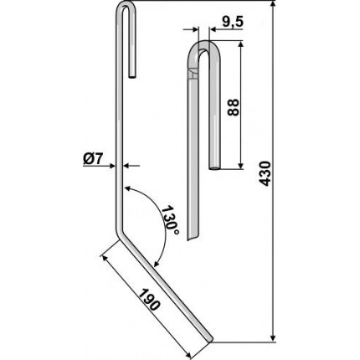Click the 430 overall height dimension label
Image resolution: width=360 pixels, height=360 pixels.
[265, 173]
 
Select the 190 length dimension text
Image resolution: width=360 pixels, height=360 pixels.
[150, 300]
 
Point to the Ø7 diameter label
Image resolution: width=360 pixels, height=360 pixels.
[94, 159]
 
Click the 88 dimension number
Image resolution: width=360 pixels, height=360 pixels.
[234, 107]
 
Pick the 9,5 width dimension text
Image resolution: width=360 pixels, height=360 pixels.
[233, 22]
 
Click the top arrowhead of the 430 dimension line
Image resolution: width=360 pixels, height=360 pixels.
[274, 5]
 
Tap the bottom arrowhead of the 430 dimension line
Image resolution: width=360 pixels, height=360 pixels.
[274, 337]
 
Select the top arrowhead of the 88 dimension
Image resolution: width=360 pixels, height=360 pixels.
[241, 45]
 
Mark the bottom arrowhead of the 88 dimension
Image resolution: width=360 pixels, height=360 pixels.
[241, 165]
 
